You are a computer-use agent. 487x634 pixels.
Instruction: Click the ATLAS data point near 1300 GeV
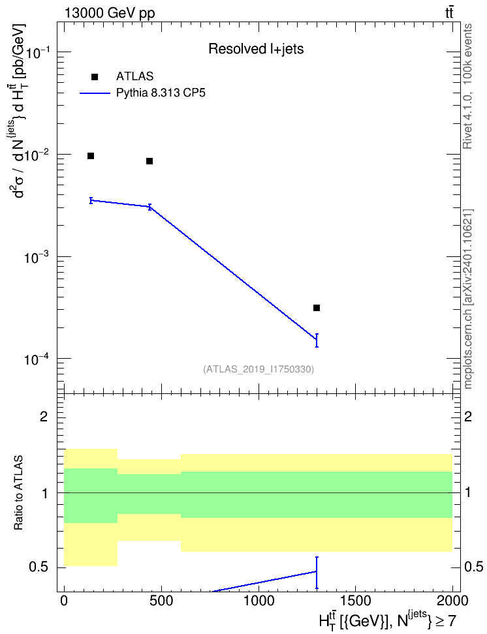click(x=317, y=308)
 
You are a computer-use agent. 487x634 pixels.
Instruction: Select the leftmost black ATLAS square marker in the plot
click(x=91, y=156)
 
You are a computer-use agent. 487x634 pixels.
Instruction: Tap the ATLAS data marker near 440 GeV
click(x=149, y=161)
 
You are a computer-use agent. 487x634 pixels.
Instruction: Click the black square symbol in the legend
click(x=95, y=77)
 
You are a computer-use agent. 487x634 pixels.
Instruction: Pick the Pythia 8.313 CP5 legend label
click(x=161, y=93)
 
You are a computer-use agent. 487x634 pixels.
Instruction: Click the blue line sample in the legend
click(x=95, y=93)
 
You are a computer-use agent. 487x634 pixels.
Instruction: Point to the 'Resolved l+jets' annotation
click(x=256, y=49)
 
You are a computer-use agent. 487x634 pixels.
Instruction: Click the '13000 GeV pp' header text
click(x=110, y=13)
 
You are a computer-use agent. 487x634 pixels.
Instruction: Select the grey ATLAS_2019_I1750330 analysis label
click(x=259, y=369)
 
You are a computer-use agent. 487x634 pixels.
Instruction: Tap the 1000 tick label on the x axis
click(x=259, y=601)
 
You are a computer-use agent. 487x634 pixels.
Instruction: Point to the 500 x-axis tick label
click(x=161, y=601)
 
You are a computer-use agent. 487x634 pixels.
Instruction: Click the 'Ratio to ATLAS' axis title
click(x=18, y=493)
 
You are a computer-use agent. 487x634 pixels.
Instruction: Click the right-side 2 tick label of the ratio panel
click(x=468, y=416)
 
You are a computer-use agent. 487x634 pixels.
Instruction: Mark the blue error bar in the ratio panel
click(x=317, y=573)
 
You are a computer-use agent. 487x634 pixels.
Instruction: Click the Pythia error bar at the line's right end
click(x=317, y=340)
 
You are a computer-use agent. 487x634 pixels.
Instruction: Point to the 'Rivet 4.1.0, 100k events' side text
click(x=467, y=86)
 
